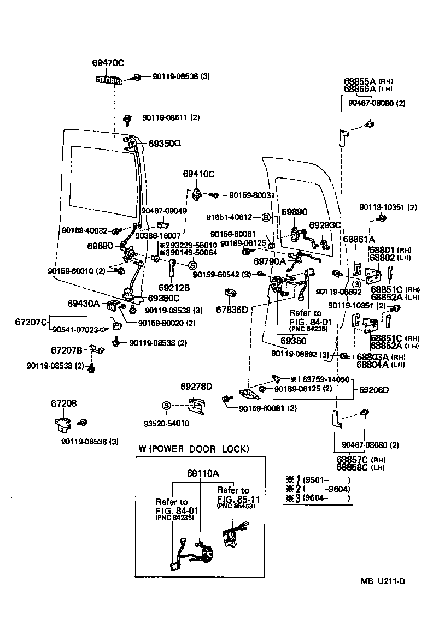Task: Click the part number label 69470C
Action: click(x=108, y=63)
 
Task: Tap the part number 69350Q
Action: click(x=164, y=144)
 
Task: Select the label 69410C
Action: click(x=198, y=174)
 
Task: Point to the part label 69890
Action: click(x=295, y=211)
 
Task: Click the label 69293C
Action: click(x=325, y=225)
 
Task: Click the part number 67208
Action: click(x=64, y=403)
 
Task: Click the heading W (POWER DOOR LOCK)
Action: click(x=194, y=449)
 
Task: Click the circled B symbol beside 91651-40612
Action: click(x=266, y=217)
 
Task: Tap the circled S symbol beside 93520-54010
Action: click(x=167, y=406)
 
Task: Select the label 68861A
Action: click(x=359, y=239)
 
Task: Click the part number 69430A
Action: click(x=84, y=302)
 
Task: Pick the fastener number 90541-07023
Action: click(x=75, y=330)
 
